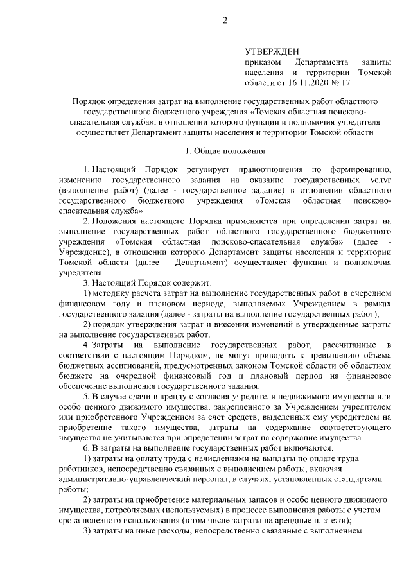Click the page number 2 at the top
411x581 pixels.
click(225, 21)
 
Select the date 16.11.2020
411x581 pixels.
click(313, 83)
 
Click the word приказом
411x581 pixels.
click(262, 62)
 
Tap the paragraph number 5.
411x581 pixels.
click(87, 397)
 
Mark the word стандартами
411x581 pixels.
click(362, 479)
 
